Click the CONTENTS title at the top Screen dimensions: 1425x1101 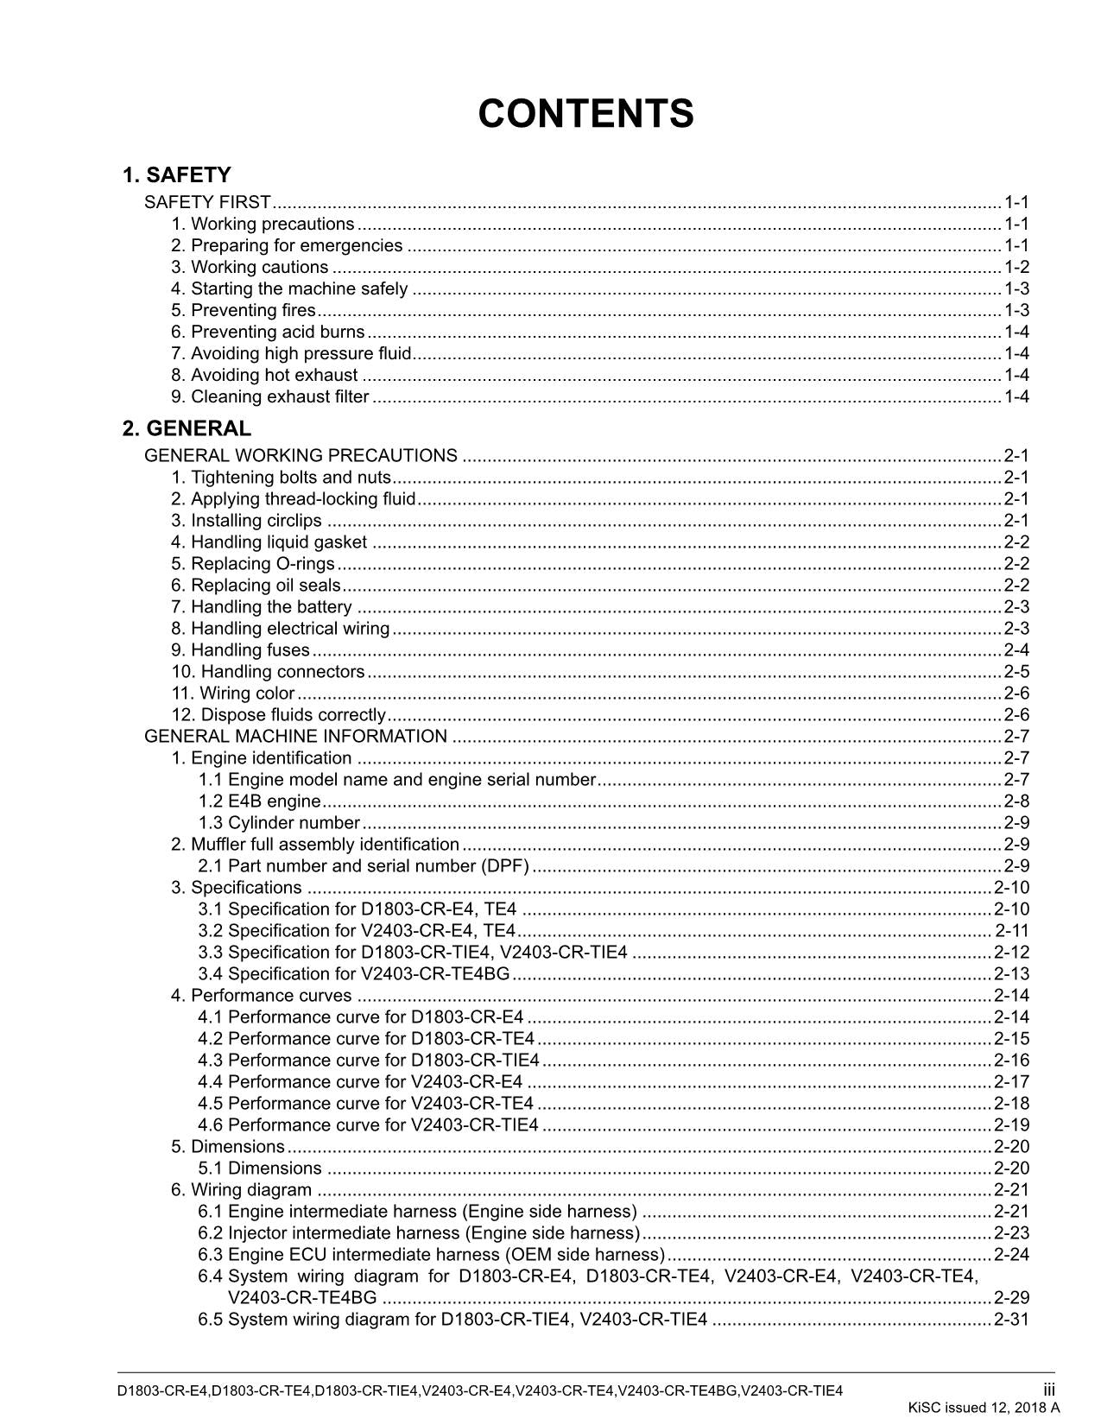point(585,114)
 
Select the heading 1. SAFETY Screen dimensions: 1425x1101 point(176,175)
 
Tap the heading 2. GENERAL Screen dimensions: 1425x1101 point(187,428)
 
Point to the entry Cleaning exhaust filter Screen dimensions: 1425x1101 point(270,396)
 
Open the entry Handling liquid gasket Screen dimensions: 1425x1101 point(269,541)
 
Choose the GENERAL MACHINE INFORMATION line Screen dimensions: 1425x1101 point(295,736)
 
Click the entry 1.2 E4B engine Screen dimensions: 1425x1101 point(259,801)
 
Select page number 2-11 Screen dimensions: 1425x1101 point(1012,930)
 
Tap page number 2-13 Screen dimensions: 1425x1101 point(1011,973)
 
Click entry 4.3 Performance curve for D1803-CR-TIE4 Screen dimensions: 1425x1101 point(369,1060)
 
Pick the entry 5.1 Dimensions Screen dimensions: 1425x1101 point(259,1168)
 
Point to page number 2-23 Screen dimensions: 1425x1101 point(1011,1232)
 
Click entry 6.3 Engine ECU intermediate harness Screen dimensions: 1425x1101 point(431,1254)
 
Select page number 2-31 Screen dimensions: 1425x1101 point(1011,1319)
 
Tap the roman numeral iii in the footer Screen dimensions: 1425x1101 point(1048,1390)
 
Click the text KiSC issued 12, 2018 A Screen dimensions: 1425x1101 point(984,1408)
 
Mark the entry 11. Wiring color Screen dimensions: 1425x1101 point(233,693)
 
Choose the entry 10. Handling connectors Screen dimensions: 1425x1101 point(268,671)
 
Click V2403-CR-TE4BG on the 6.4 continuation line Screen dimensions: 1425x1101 point(302,1297)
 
